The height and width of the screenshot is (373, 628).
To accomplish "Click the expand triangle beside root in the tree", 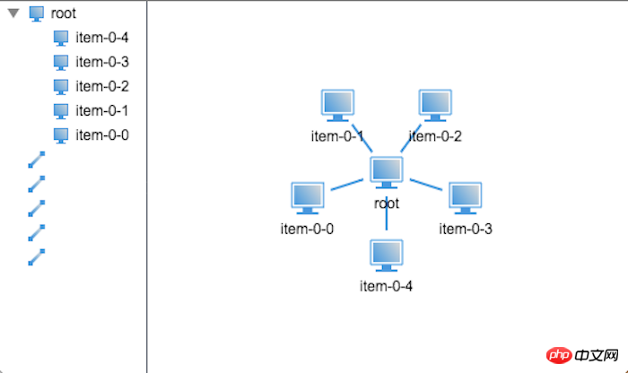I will pos(13,13).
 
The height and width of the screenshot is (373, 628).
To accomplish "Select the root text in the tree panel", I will pos(64,13).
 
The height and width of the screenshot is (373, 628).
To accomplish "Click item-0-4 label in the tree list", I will pos(102,38).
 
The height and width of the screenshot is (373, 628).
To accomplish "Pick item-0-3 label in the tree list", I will pos(102,62).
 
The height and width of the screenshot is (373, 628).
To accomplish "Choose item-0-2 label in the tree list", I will pos(102,86).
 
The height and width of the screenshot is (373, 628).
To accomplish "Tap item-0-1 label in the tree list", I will pos(102,110).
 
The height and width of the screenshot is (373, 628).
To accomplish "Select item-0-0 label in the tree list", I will pos(102,134).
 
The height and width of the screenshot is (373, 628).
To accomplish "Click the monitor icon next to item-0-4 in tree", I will pos(61,38).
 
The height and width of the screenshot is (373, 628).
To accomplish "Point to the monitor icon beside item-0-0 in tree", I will pos(61,134).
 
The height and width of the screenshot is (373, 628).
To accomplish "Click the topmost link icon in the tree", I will pos(37,160).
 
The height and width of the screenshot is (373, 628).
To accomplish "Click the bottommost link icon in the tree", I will pos(37,256).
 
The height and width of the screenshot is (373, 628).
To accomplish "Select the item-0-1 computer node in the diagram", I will pos(337,106).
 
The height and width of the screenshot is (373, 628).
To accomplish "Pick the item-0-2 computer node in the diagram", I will pos(436,106).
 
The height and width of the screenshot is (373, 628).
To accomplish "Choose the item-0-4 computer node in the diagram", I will pos(387,256).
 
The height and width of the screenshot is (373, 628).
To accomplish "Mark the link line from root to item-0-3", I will pos(426,185).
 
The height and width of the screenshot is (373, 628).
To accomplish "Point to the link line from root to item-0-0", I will pos(347,185).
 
